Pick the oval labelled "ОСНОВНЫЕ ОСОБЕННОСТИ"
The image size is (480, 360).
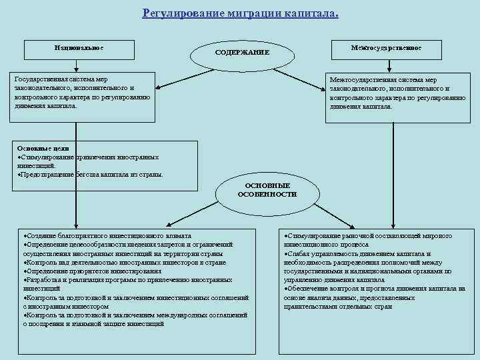pyautogui.click(x=267, y=189)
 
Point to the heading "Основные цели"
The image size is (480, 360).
pyautogui.click(x=43, y=148)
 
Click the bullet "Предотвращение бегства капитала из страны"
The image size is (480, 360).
pyautogui.click(x=89, y=174)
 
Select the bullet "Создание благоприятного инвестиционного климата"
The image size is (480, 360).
pyautogui.click(x=107, y=236)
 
